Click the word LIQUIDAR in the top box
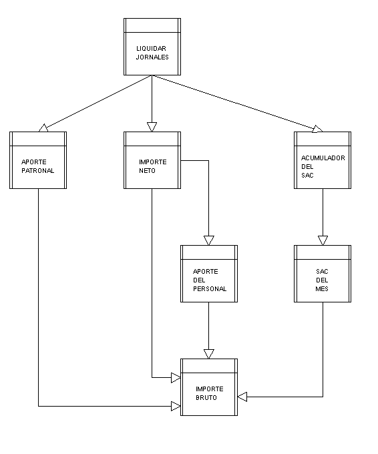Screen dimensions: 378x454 [x=151, y=48]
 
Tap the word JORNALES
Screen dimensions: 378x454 [x=152, y=57]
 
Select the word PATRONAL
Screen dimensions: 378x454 [x=38, y=170]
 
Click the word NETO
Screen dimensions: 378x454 [x=147, y=170]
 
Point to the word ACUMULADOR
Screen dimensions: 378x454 [x=323, y=158]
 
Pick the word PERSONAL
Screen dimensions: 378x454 [x=210, y=288]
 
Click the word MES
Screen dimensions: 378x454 [x=322, y=288]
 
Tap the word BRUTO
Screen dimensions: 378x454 [x=206, y=397]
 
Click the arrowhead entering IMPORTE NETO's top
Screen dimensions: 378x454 [x=152, y=127]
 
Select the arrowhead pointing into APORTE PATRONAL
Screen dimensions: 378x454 [x=43, y=128]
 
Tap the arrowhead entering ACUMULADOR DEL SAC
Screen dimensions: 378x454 [x=317, y=129]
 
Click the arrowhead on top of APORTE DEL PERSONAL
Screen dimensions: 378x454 [x=208, y=240]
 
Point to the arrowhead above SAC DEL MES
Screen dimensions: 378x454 [x=323, y=240]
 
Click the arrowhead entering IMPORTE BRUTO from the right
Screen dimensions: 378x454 [x=242, y=397]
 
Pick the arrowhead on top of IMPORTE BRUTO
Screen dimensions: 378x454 [x=208, y=354]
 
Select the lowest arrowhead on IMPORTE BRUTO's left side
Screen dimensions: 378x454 [x=176, y=406]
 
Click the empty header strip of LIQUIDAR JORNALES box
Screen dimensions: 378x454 [x=152, y=25]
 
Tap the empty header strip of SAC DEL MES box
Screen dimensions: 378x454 [x=323, y=252]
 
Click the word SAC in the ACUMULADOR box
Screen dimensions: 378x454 [x=307, y=175]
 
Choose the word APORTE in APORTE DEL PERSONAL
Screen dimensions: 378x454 [x=206, y=271]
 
